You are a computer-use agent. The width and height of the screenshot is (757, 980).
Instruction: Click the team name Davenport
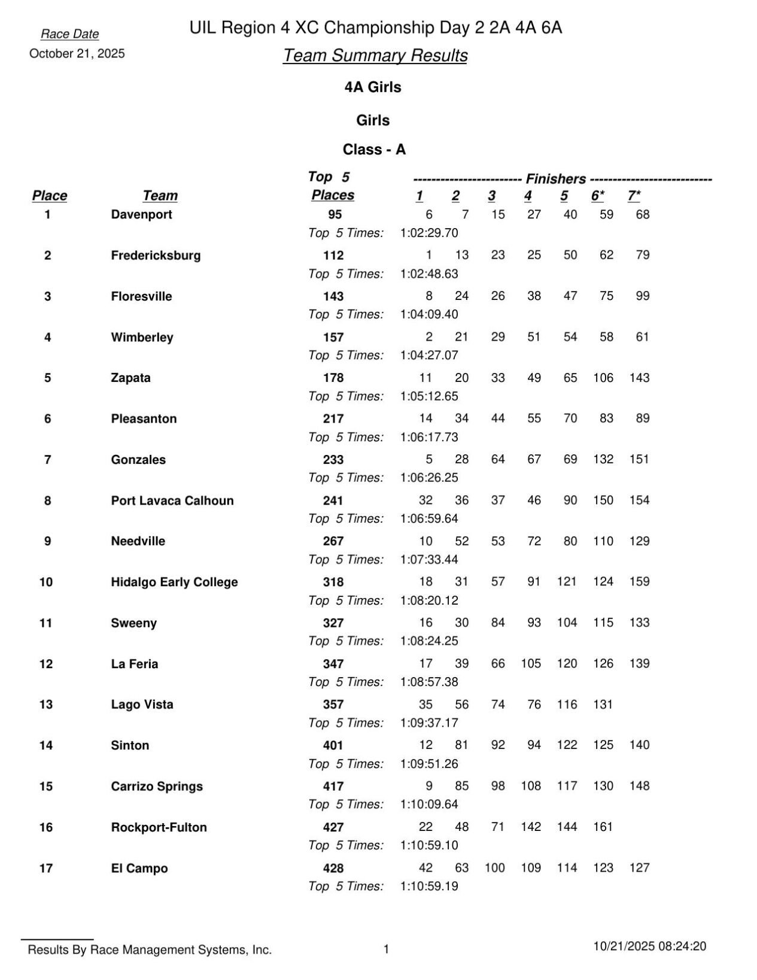point(141,214)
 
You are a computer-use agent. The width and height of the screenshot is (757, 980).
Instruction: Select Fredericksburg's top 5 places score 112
point(333,256)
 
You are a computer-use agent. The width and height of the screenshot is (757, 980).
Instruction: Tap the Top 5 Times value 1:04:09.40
point(428,314)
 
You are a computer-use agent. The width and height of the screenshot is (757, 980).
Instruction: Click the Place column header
point(50,196)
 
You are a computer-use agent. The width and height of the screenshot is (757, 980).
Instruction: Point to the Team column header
point(160,196)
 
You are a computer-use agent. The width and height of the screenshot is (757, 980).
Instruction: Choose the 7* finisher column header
point(634,196)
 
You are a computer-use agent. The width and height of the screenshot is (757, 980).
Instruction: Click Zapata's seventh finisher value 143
point(639,378)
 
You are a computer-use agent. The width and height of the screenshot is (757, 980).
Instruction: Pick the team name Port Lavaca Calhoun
point(172,500)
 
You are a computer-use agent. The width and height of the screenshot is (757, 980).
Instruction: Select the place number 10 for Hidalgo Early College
point(46,582)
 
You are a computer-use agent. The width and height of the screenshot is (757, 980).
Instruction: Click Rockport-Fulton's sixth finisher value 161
point(603,827)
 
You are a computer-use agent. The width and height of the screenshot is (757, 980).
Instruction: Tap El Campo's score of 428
point(333,868)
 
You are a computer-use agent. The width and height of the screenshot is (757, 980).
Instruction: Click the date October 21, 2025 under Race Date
point(77,53)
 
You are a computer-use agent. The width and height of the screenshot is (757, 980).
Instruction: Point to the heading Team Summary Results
point(375,55)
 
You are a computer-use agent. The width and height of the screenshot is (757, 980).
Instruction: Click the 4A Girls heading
point(373,87)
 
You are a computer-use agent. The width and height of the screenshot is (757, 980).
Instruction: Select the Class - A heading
point(374,149)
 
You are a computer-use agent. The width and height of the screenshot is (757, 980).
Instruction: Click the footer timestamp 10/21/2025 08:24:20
point(649,946)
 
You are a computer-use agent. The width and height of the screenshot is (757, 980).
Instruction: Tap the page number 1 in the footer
point(386,949)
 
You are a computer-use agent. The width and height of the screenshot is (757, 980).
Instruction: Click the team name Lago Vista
point(142,705)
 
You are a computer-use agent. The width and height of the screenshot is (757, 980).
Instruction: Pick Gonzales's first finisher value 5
point(429,459)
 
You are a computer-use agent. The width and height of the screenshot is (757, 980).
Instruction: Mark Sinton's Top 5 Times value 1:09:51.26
point(428,764)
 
